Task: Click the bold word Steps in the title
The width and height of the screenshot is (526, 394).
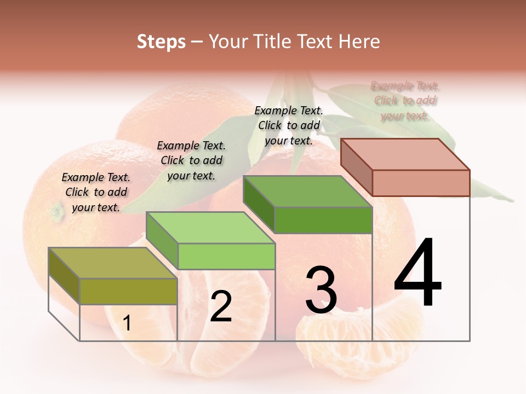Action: [161, 42]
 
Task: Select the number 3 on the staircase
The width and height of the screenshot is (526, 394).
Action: [321, 290]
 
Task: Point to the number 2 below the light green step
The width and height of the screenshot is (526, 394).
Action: [221, 306]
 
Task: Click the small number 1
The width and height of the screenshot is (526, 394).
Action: [127, 323]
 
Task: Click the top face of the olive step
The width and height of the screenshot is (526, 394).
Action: [112, 263]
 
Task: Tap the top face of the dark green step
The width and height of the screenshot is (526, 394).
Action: [307, 192]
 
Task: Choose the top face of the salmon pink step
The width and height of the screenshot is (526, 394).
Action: [405, 154]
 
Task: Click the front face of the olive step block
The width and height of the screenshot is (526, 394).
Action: [128, 291]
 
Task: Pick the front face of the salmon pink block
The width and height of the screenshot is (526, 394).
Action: [421, 183]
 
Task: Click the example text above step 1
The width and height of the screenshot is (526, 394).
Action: [96, 192]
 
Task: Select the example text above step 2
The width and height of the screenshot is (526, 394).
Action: [191, 160]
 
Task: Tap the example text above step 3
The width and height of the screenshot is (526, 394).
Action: [289, 125]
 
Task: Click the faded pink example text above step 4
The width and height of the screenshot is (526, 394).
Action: [405, 101]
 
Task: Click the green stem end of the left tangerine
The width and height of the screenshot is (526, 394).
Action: [56, 211]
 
